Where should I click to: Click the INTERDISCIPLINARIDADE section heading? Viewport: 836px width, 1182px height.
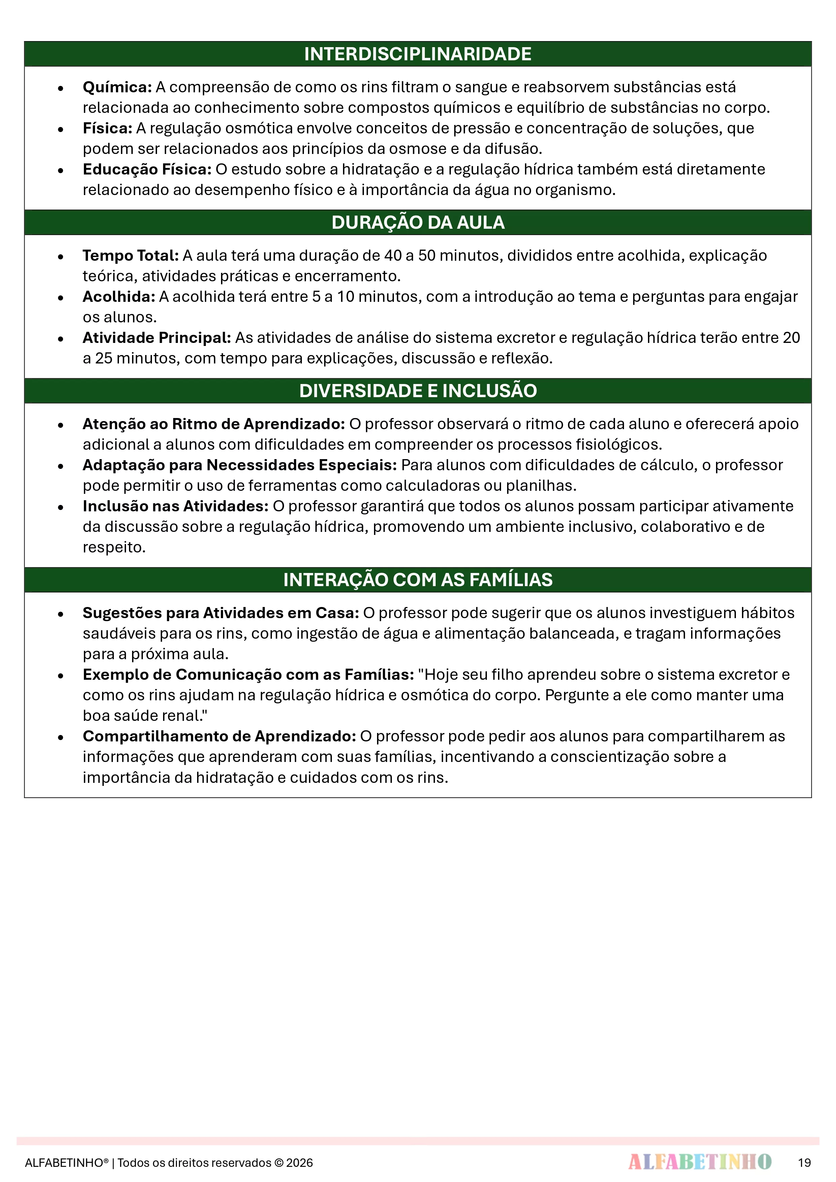(x=418, y=54)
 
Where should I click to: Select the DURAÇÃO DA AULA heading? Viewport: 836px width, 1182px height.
(x=418, y=222)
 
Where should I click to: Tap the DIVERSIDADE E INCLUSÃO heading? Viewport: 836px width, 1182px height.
(x=418, y=391)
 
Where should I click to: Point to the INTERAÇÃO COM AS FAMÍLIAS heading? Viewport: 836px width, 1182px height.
(x=418, y=580)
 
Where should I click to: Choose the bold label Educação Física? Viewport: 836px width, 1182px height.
(x=147, y=169)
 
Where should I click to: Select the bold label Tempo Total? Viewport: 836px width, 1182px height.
(x=131, y=256)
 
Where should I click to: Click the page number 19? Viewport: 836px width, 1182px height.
(x=804, y=1162)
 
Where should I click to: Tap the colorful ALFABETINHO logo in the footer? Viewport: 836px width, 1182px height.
(x=700, y=1162)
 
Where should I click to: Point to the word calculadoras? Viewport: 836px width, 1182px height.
(x=434, y=486)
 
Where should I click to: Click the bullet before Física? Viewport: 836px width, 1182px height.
(x=61, y=129)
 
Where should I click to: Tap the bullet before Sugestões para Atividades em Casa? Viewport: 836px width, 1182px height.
(x=61, y=614)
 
